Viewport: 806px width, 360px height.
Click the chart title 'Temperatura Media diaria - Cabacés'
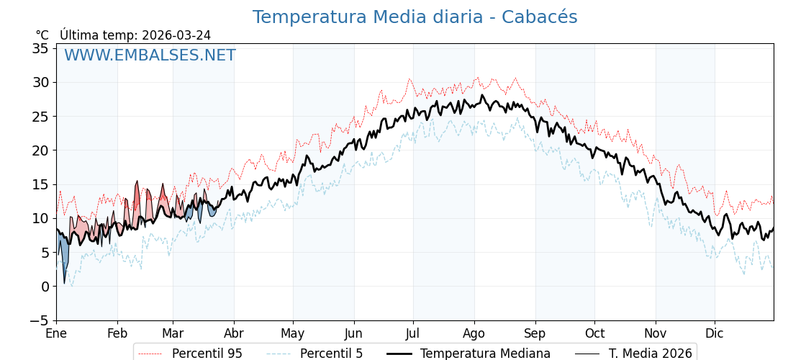tap(415, 17)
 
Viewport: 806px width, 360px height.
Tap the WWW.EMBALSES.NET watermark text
tap(150, 55)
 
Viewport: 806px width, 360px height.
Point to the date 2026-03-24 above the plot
tap(176, 35)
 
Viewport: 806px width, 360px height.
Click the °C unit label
tap(42, 35)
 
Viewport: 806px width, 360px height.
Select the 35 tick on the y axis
tap(40, 48)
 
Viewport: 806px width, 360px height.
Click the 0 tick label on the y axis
tap(45, 287)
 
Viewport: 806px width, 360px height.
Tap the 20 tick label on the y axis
tap(40, 150)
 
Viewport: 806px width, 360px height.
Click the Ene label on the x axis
tap(56, 333)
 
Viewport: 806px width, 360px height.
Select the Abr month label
tap(234, 333)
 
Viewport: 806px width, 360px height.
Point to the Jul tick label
tap(413, 333)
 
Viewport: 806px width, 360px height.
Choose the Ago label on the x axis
tap(474, 333)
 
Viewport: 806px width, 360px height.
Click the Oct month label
tap(594, 333)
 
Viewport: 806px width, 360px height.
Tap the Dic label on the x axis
tap(715, 333)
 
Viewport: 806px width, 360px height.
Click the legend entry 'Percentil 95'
tap(207, 354)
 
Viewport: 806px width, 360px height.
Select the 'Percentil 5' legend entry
tap(331, 354)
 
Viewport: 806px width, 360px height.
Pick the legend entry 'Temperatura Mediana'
tap(485, 354)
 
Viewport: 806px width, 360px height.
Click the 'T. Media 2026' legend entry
tap(650, 354)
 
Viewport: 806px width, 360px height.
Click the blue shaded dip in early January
tap(64, 256)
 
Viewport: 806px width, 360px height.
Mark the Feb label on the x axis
tap(117, 333)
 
